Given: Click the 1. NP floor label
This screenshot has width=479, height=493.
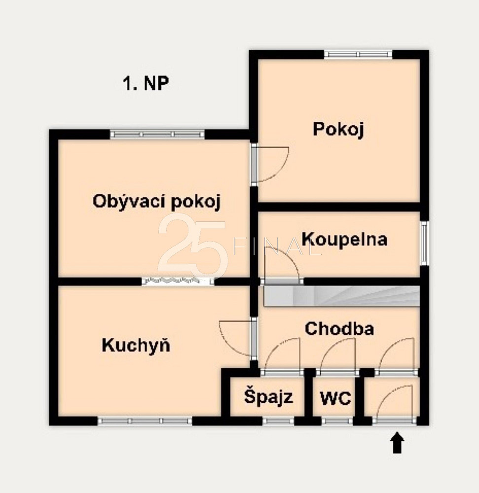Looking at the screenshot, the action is (x=146, y=83).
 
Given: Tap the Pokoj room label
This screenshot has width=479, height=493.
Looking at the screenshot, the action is (x=338, y=129).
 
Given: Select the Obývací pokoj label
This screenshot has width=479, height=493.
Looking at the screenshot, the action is (x=157, y=201).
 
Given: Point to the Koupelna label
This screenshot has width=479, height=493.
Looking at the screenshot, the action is (x=344, y=239).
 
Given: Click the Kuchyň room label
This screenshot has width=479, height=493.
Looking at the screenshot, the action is (x=136, y=345).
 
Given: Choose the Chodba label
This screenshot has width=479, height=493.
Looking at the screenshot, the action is (x=339, y=328).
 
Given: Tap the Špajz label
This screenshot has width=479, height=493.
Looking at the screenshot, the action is (x=268, y=397).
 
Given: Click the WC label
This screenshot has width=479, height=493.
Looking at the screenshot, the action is (x=335, y=398).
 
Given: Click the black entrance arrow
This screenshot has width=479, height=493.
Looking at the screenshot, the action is (x=398, y=443).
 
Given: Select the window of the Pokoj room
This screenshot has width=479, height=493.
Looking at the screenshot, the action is (x=359, y=54).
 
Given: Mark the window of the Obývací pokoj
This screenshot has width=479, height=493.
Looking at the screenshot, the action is (x=157, y=134).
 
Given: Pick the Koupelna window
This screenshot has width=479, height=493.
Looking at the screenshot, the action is (x=425, y=243).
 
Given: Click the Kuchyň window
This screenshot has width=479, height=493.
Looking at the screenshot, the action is (x=145, y=421).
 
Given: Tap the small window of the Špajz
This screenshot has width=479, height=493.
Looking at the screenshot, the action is (x=278, y=421).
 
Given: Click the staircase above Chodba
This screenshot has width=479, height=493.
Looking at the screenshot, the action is (x=342, y=296).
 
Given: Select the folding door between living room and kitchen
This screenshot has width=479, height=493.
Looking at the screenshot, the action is (x=178, y=281).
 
